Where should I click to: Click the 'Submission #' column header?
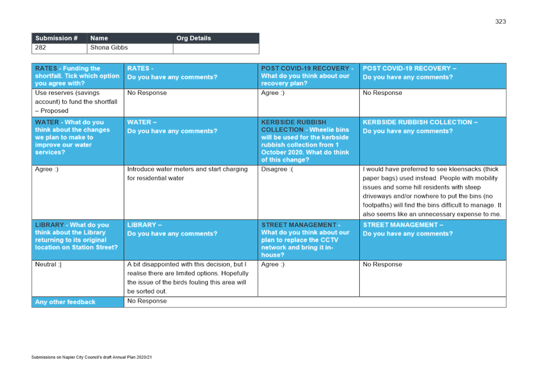click(x=56, y=38)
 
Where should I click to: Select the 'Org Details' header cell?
click(x=194, y=38)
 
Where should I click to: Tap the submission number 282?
click(x=41, y=47)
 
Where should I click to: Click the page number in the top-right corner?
click(x=501, y=22)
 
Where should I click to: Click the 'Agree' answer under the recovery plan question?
click(x=273, y=93)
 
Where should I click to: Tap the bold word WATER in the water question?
click(x=47, y=122)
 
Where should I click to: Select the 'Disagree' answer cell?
click(x=277, y=170)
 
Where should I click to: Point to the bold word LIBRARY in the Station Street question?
click(x=49, y=225)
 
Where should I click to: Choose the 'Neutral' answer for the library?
click(x=48, y=264)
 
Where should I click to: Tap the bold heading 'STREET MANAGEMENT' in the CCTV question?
click(x=298, y=225)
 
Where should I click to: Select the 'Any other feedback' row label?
click(x=65, y=302)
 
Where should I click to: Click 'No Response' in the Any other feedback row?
click(x=147, y=301)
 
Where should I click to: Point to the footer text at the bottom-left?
click(x=92, y=357)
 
